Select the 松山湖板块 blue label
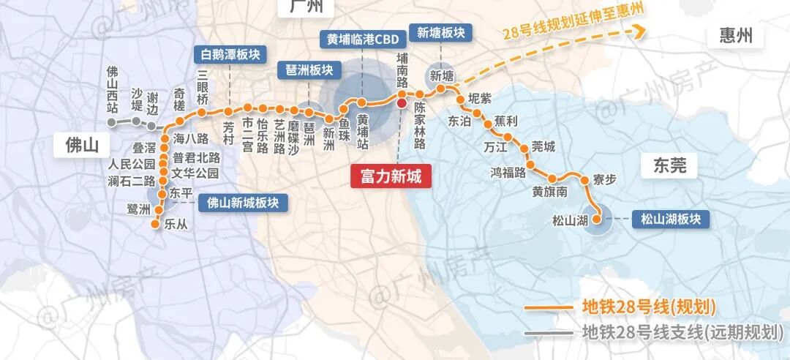pyautogui.click(x=671, y=219)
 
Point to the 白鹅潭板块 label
pyautogui.click(x=230, y=55)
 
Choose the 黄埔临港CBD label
pyautogui.click(x=363, y=40)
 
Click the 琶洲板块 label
pyautogui.click(x=309, y=70)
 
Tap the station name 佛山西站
pyautogui.click(x=113, y=89)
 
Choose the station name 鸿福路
pyautogui.click(x=509, y=173)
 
